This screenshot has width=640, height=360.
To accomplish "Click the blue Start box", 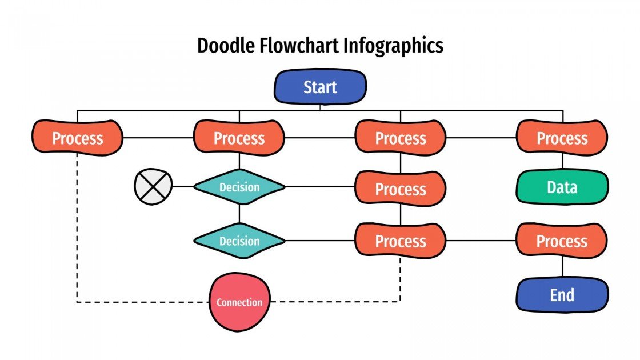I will click(x=320, y=87).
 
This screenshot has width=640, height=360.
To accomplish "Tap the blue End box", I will click(x=562, y=295).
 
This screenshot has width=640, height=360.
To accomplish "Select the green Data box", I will click(x=562, y=187).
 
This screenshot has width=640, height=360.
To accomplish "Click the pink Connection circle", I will click(x=239, y=302).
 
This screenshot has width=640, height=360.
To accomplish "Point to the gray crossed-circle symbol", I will click(x=153, y=187).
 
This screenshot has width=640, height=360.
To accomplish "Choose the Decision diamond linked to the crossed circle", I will click(x=239, y=187).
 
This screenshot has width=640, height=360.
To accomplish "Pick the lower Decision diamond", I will click(x=239, y=241).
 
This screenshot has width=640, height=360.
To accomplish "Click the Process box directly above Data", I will click(x=562, y=138).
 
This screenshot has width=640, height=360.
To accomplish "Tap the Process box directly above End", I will click(x=562, y=241).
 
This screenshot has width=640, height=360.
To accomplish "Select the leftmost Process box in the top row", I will click(x=77, y=138).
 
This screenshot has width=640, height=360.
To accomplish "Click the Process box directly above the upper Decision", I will click(x=239, y=138).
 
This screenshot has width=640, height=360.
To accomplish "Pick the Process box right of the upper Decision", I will click(x=400, y=189).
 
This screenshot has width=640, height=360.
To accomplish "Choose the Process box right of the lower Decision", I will click(x=400, y=241).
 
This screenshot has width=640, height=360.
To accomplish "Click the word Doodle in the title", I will click(x=226, y=46).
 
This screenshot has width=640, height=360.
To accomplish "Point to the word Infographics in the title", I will click(x=394, y=46).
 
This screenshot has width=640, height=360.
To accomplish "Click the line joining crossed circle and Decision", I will click(x=183, y=187).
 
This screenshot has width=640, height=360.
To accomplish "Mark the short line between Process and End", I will click(x=562, y=267).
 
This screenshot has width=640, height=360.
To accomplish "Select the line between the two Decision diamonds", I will click(x=239, y=214).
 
